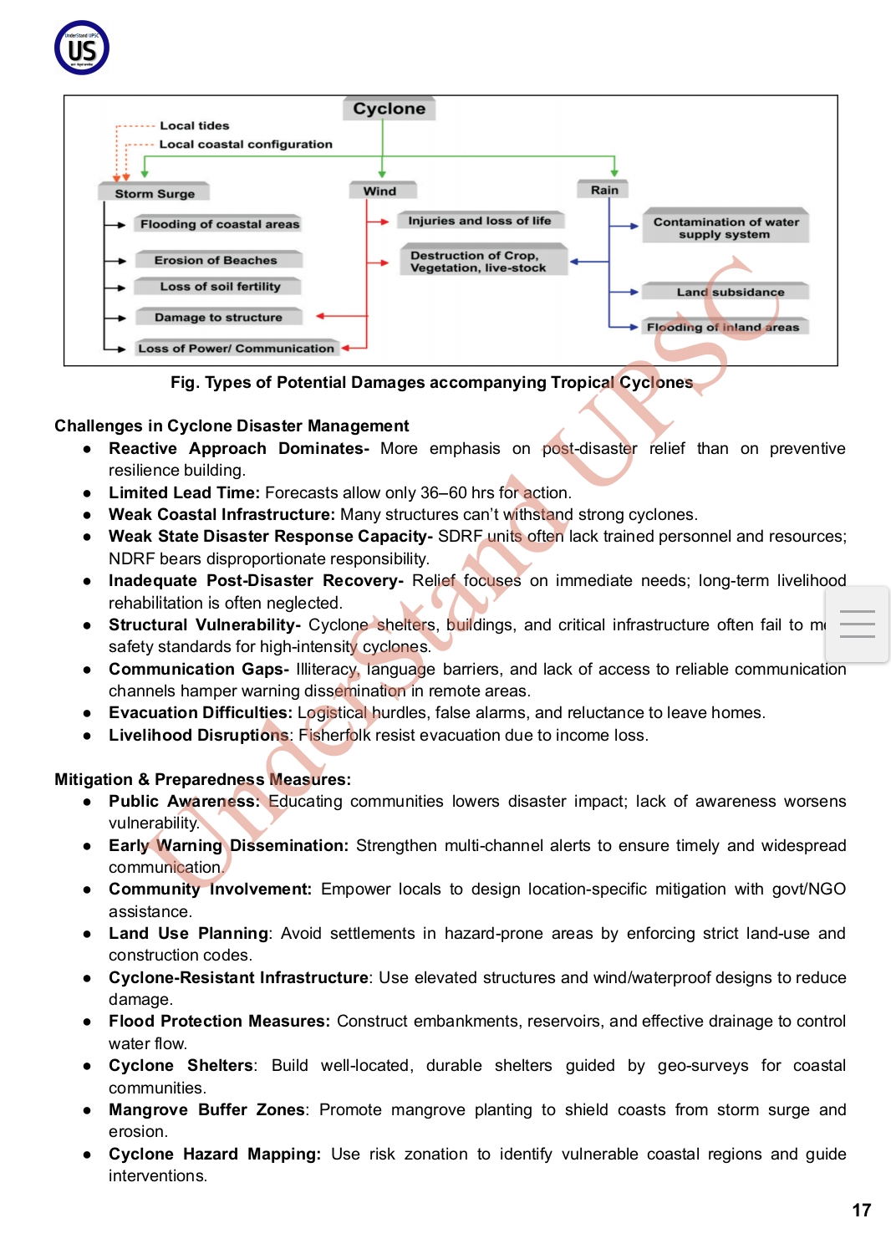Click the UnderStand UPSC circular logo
tap(82, 48)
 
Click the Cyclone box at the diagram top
tap(389, 109)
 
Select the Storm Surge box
tap(155, 193)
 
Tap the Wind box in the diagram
tap(380, 191)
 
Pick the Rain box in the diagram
tap(604, 190)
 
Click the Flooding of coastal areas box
tap(219, 224)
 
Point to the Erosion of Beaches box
tap(216, 260)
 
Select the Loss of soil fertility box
tap(220, 287)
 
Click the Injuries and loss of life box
tap(479, 221)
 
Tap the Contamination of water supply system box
tap(726, 227)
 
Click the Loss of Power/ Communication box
tap(236, 348)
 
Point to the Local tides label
tap(194, 125)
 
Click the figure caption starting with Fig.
tap(431, 382)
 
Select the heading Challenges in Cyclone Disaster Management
tap(232, 426)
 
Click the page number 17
tap(861, 1210)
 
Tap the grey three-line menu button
tap(857, 624)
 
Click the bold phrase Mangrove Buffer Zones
tap(206, 1109)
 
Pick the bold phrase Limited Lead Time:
tap(184, 492)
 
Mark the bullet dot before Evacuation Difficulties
tap(87, 713)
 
